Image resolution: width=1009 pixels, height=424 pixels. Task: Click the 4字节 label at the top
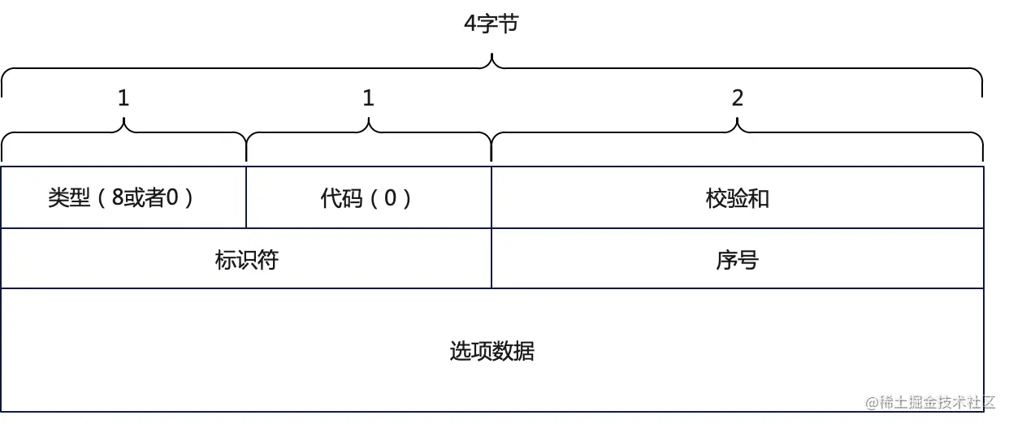(x=491, y=24)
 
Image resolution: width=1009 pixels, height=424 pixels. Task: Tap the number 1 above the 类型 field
(x=123, y=98)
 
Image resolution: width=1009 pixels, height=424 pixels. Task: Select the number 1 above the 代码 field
(x=368, y=98)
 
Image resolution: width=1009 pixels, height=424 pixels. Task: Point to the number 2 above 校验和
(x=737, y=98)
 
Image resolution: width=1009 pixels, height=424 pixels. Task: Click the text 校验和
(x=737, y=199)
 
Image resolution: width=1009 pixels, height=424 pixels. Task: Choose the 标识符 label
(x=246, y=260)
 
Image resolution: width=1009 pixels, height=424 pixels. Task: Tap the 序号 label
(x=737, y=260)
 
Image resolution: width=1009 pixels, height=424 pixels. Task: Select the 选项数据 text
(x=492, y=352)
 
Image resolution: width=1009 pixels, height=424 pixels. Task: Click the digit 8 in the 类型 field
(x=118, y=199)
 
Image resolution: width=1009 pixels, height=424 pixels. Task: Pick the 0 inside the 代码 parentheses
(x=390, y=199)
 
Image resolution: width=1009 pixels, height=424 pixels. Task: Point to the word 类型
(x=69, y=199)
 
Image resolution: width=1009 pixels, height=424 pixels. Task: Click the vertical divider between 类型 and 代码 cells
(x=246, y=197)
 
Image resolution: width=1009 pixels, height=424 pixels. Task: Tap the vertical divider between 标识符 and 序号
(x=492, y=258)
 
